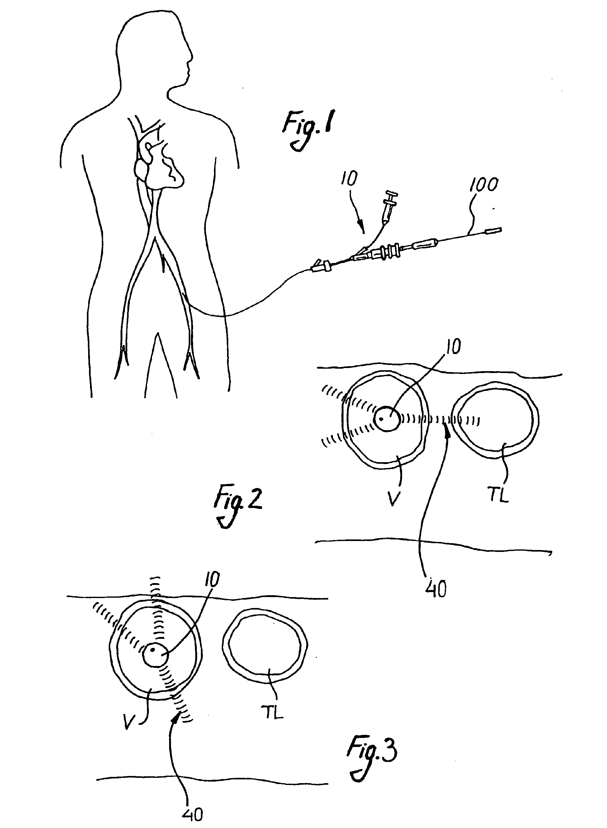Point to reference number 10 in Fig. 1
point(349,179)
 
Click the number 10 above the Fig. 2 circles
point(453,347)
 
